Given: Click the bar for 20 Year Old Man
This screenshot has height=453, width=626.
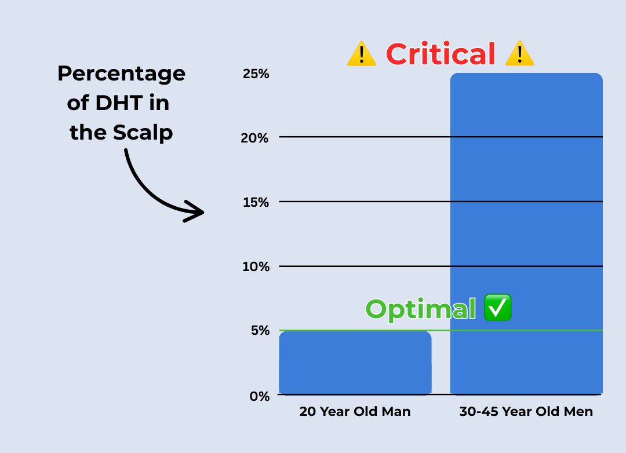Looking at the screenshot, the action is (x=355, y=363).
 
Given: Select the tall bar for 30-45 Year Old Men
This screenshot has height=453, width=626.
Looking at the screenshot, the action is (x=526, y=233).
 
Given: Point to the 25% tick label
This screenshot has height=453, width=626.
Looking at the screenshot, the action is (x=256, y=74).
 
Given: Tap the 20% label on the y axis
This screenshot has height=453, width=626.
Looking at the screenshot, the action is (x=254, y=138).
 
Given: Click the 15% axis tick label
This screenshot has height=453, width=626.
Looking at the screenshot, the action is (x=256, y=202).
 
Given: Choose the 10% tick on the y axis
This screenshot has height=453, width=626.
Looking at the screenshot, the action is (x=256, y=266).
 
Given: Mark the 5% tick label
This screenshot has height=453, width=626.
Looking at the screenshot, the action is (x=260, y=330).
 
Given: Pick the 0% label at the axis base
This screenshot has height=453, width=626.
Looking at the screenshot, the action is (x=260, y=396).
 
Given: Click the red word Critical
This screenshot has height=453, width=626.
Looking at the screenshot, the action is (x=441, y=54).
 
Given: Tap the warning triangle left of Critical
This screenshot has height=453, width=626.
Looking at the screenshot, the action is (x=362, y=53).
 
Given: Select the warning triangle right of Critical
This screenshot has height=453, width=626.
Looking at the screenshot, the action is (x=519, y=53).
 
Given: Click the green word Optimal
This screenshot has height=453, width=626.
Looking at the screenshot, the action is (x=421, y=309).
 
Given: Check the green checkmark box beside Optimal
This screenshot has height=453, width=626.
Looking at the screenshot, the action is (x=497, y=308).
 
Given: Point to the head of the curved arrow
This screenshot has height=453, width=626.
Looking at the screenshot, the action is (x=203, y=212).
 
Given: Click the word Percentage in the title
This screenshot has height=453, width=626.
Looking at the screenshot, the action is (x=121, y=74).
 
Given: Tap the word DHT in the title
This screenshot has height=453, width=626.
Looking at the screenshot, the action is (x=119, y=103).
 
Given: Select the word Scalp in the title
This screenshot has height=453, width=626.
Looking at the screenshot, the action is (x=143, y=133).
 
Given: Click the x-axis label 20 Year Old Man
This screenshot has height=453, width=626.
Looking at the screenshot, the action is (x=355, y=411).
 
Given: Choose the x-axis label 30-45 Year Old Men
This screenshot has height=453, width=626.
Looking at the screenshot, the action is (x=526, y=411).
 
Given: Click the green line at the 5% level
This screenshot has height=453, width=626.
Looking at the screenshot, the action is (x=441, y=330).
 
